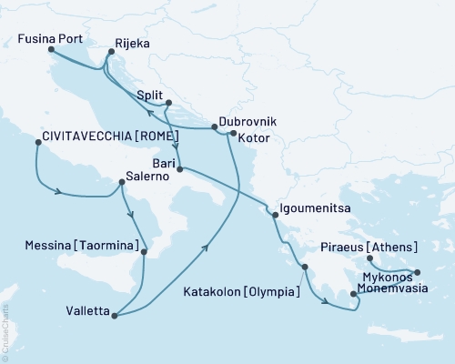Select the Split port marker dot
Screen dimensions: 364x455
click(168, 103)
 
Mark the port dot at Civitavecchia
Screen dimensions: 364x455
click(36, 142)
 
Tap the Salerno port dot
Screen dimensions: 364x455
click(121, 183)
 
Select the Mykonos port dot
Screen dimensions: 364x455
click(418, 272)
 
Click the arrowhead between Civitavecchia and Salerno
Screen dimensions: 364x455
click(62, 192)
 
